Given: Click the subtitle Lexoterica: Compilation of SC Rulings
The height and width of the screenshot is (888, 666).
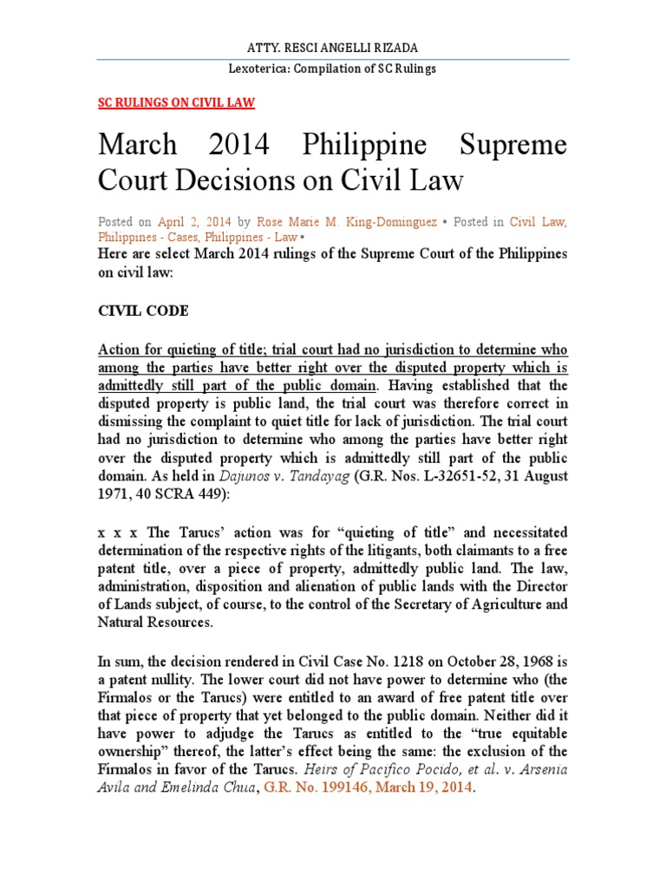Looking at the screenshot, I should (x=333, y=69).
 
